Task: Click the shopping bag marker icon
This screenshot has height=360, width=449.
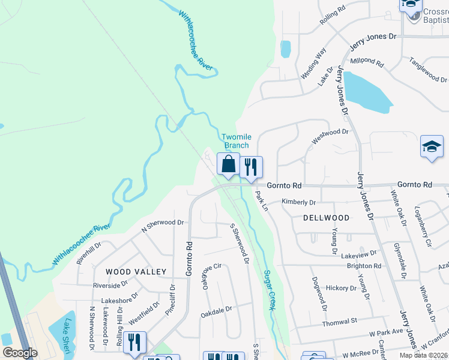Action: pos(228,164)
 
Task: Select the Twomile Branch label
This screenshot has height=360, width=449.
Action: pos(236,141)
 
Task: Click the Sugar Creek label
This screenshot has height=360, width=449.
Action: pos(269,290)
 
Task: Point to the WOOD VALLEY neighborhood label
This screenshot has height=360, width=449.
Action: pos(136,272)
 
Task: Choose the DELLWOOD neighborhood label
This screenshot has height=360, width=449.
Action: pos(326,218)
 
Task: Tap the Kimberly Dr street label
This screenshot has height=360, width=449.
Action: pos(298,203)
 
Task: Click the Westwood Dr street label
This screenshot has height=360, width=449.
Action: pos(330,136)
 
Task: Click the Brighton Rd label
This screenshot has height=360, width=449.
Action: pos(364,266)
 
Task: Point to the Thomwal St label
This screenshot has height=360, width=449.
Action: pos(340,322)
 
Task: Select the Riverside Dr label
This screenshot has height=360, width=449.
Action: pos(110,285)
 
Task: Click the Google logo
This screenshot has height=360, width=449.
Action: pos(20,353)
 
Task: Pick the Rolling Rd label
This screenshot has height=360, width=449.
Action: pos(333,15)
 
